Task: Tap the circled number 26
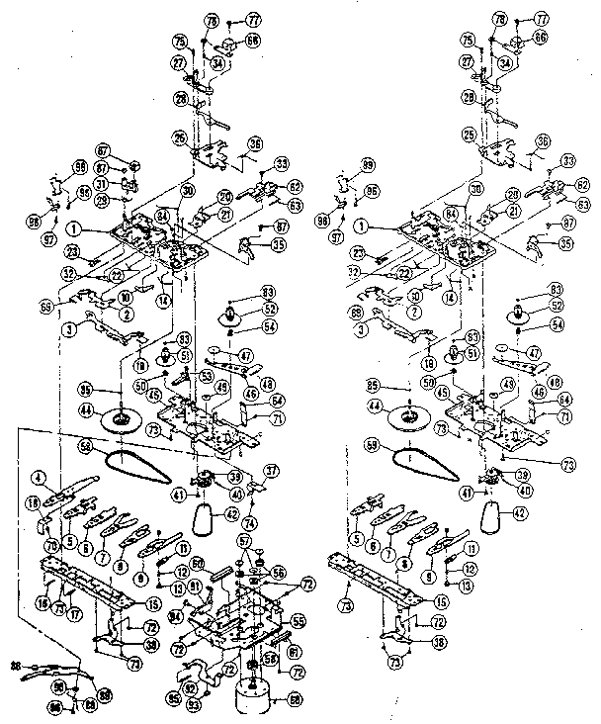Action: point(179,136)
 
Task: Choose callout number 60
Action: point(294,701)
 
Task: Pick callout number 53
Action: point(206,377)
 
